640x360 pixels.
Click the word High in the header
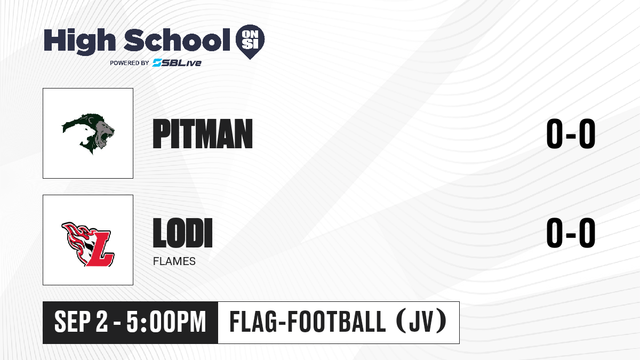[79, 42]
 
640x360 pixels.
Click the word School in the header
[177, 40]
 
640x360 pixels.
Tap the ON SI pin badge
[250, 42]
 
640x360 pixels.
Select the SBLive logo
[177, 62]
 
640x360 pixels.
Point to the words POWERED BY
[130, 63]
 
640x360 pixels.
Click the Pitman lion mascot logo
[88, 133]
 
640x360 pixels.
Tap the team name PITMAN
[203, 134]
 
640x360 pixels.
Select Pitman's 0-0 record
[571, 134]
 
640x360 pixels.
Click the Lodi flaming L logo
[88, 244]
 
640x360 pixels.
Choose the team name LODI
[182, 233]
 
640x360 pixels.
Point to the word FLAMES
[174, 261]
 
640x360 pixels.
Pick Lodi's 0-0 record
[571, 233]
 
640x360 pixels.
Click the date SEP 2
[82, 322]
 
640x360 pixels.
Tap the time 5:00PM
[166, 322]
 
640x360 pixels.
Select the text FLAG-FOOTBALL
[308, 322]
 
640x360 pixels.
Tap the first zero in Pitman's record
[555, 134]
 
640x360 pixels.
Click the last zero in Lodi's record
[587, 233]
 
